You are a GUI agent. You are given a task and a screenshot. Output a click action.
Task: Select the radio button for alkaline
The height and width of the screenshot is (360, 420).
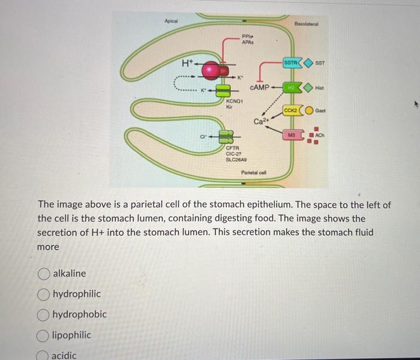44,274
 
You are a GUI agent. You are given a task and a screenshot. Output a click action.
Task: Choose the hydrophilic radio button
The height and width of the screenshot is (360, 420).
44,294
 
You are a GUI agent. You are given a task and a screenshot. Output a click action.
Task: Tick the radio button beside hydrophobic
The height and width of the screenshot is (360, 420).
44,314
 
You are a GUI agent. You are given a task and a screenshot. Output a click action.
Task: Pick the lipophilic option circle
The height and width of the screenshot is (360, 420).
44,335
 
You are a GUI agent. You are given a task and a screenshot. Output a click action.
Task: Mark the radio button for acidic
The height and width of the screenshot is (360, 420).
44,355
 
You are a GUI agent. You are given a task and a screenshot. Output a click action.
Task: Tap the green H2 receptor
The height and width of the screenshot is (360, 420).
293,88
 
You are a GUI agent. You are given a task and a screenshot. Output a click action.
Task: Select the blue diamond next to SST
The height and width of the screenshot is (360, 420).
308,62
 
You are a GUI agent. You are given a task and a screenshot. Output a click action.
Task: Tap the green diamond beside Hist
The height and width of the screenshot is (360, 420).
308,88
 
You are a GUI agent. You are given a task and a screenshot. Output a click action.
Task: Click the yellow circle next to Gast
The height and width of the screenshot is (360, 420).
310,111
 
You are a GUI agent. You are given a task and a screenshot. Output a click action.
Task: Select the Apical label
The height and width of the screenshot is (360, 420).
172,21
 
